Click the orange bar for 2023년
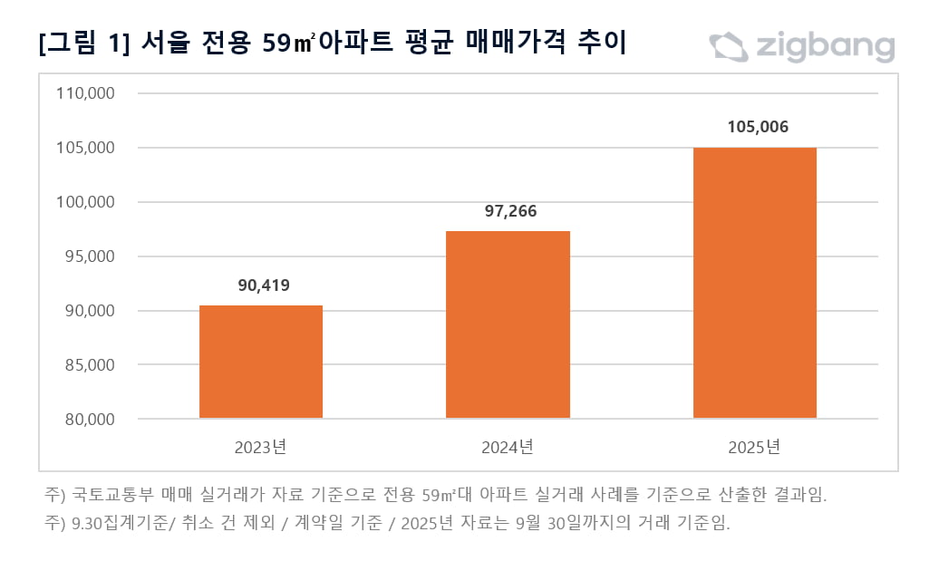pyautogui.click(x=260, y=362)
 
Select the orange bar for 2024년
pyautogui.click(x=508, y=324)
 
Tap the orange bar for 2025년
pyautogui.click(x=754, y=283)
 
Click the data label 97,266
pyautogui.click(x=508, y=211)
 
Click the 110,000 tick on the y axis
pyautogui.click(x=84, y=93)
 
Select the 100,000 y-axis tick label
pyautogui.click(x=84, y=202)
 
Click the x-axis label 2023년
pyautogui.click(x=260, y=447)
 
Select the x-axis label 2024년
pyautogui.click(x=508, y=447)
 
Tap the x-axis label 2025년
pyautogui.click(x=754, y=447)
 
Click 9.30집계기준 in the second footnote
pyautogui.click(x=114, y=523)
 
